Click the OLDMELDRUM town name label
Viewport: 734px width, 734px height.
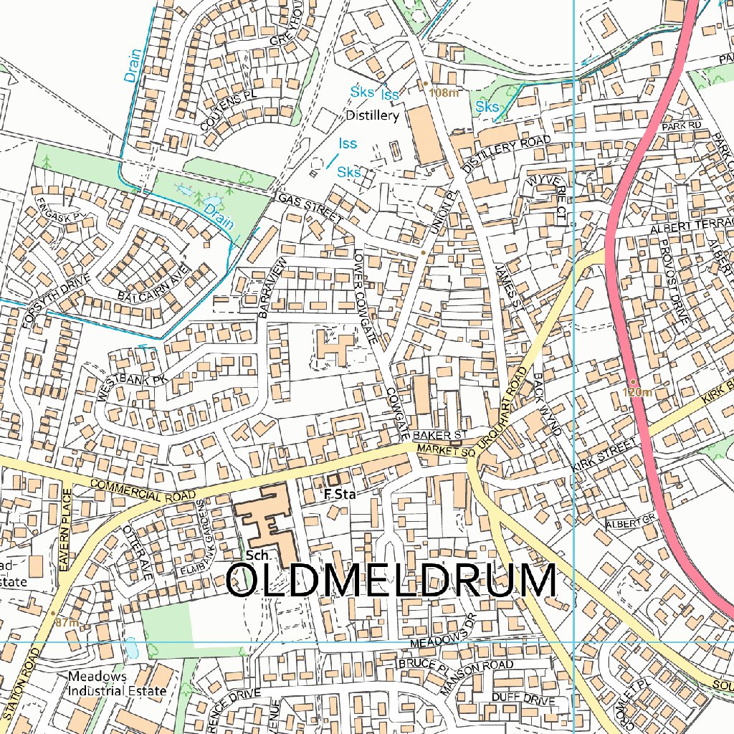click(x=391, y=581)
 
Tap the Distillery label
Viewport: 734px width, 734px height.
click(x=372, y=115)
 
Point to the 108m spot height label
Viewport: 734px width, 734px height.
click(x=443, y=92)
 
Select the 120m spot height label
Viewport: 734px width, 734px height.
click(x=637, y=392)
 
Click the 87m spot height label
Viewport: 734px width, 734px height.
click(x=67, y=622)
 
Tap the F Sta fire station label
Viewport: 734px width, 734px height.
click(x=340, y=494)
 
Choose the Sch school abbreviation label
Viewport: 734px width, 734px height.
click(x=256, y=556)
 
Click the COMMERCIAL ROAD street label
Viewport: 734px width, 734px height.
click(x=143, y=492)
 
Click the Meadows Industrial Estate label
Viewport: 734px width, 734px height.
click(x=117, y=684)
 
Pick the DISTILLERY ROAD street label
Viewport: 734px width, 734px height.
click(x=507, y=153)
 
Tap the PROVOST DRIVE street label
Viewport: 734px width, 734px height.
click(x=675, y=282)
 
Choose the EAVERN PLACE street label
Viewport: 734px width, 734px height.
click(x=67, y=529)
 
